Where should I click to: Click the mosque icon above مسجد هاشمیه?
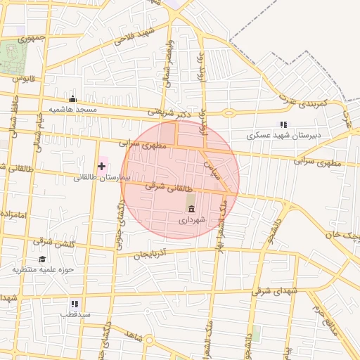(72, 99)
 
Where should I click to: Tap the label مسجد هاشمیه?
(72, 111)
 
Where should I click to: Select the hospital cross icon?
(103, 167)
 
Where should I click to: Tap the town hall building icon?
(191, 207)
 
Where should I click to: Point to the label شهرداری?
(191, 219)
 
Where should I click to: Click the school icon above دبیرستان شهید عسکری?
(283, 124)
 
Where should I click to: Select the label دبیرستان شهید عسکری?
(287, 135)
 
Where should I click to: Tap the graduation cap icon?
(42, 259)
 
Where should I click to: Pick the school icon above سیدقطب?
(75, 304)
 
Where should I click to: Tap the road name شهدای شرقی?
(278, 291)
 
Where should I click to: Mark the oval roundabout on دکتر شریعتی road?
(229, 112)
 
